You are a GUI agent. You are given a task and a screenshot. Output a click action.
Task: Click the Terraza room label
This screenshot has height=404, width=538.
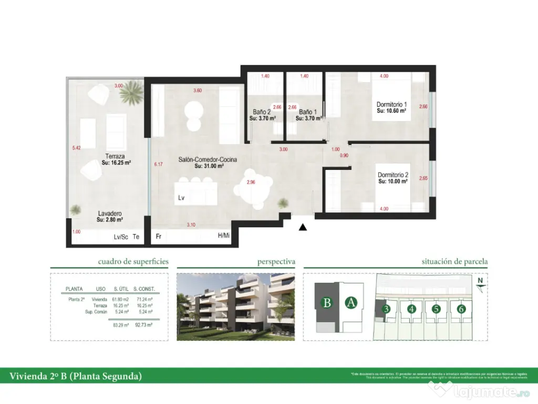115,156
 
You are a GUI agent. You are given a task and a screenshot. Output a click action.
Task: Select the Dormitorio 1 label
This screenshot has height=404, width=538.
392,104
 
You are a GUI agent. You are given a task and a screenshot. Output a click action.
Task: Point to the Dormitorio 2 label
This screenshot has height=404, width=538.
393,175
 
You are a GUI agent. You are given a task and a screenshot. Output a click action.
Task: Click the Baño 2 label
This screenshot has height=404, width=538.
261,112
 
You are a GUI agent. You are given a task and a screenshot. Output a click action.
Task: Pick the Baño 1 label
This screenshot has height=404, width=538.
308,112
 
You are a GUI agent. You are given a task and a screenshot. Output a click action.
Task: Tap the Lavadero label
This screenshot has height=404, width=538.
109,214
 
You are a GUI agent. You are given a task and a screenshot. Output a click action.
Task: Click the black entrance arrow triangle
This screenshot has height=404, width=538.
303,228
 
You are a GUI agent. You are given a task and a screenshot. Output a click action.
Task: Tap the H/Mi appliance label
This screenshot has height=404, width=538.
223,236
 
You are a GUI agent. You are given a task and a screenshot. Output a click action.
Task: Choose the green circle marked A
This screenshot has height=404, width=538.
351,302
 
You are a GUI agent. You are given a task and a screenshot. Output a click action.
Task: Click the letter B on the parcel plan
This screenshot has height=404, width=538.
327,302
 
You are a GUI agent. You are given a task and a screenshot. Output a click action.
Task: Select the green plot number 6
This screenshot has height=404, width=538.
461,309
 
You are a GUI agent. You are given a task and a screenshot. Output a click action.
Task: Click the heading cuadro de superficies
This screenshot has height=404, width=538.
133,261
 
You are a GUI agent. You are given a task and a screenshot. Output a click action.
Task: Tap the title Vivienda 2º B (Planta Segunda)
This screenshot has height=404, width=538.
76,376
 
